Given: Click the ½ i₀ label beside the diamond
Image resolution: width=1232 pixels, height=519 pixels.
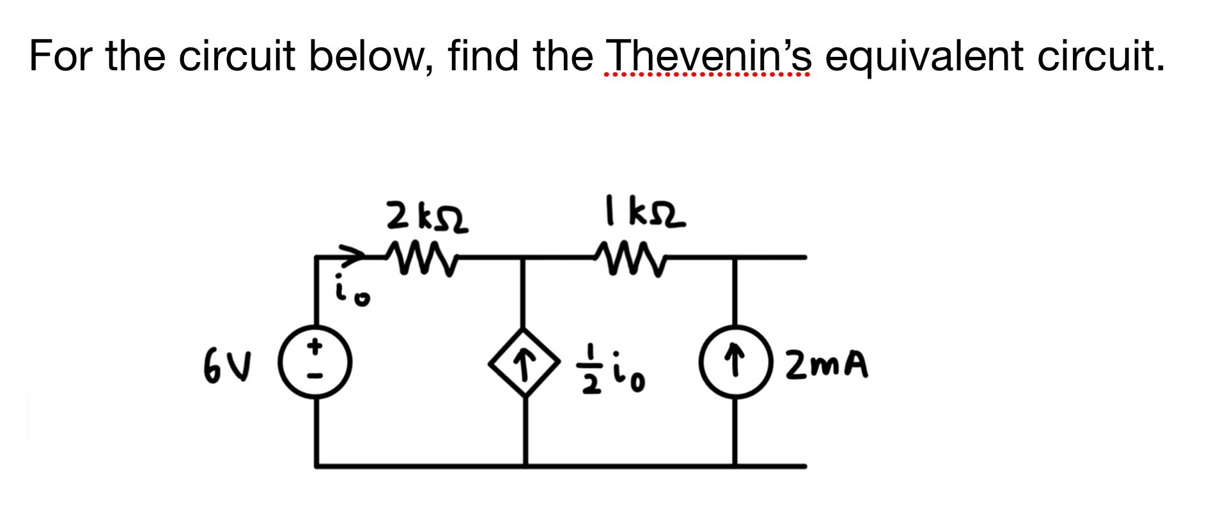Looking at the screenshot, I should pyautogui.click(x=615, y=371).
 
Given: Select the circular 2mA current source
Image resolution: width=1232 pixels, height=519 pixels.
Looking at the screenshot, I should pyautogui.click(x=735, y=363).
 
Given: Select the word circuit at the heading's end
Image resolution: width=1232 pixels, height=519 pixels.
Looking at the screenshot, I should pyautogui.click(x=1101, y=56).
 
